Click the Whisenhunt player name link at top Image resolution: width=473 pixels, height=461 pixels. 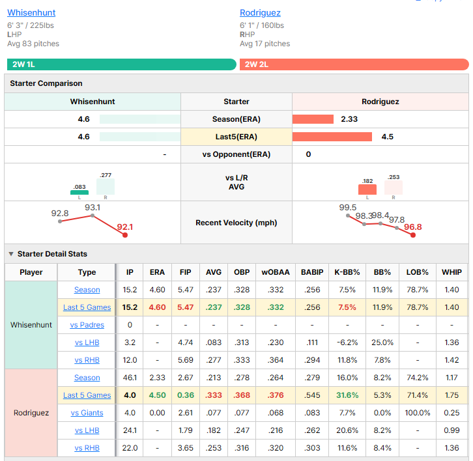pyautogui.click(x=31, y=12)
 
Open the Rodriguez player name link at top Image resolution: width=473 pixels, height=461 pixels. pyautogui.click(x=260, y=12)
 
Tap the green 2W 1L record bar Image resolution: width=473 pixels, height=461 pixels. pyautogui.click(x=122, y=64)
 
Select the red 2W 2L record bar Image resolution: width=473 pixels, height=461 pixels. pyautogui.click(x=354, y=64)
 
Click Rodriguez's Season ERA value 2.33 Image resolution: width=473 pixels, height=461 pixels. pyautogui.click(x=349, y=119)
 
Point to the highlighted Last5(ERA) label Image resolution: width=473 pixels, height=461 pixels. pyautogui.click(x=236, y=137)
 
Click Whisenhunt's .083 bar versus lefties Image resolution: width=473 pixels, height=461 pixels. pyautogui.click(x=79, y=192)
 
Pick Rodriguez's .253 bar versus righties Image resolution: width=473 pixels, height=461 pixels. pyautogui.click(x=394, y=188)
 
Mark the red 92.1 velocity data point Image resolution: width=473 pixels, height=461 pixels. pyautogui.click(x=125, y=235)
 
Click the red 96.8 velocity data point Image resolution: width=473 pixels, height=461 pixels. pyautogui.click(x=413, y=235)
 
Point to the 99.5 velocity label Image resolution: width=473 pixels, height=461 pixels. pyautogui.click(x=347, y=208)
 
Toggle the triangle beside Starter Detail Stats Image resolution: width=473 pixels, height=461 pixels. pyautogui.click(x=11, y=254)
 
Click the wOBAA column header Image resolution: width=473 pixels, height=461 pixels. pyautogui.click(x=276, y=272)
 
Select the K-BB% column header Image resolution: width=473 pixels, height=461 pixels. pyautogui.click(x=347, y=272)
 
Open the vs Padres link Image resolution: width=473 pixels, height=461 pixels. pyautogui.click(x=87, y=325)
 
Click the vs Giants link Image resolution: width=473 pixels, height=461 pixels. pyautogui.click(x=87, y=413)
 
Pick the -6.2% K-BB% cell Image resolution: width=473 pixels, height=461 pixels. pyautogui.click(x=347, y=342)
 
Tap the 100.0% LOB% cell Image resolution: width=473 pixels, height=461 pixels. pyautogui.click(x=418, y=413)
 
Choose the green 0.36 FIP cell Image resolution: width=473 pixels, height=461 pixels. pyautogui.click(x=186, y=395)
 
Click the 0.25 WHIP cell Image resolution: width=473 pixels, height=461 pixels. pyautogui.click(x=451, y=413)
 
